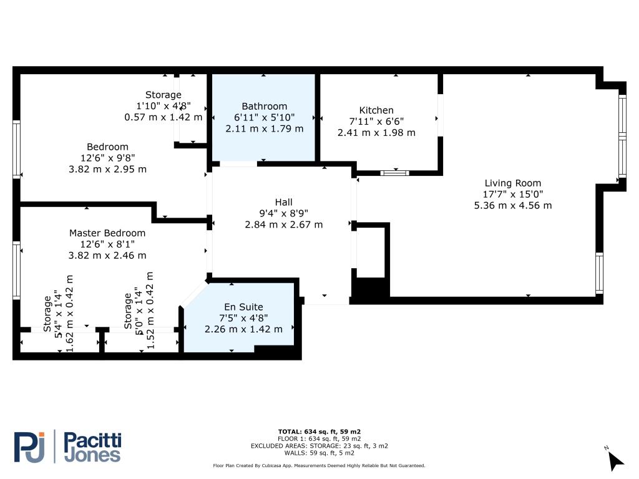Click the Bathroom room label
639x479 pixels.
pyautogui.click(x=264, y=106)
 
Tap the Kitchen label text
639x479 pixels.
pyautogui.click(x=376, y=110)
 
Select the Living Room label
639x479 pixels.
pyautogui.click(x=513, y=183)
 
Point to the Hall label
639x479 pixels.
pyautogui.click(x=284, y=202)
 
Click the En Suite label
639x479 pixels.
pyautogui.click(x=243, y=307)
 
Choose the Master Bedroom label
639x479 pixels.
pyautogui.click(x=107, y=233)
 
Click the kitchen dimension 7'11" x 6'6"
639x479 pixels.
pyautogui.click(x=376, y=122)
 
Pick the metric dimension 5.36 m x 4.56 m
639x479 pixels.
pyautogui.click(x=513, y=205)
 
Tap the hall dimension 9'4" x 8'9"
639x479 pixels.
pyautogui.click(x=284, y=213)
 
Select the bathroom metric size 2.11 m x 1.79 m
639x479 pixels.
pyautogui.click(x=264, y=128)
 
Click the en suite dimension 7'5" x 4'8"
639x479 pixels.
pyautogui.click(x=243, y=318)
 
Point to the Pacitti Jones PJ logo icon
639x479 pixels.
pyautogui.click(x=29, y=447)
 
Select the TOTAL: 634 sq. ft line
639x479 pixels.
pyautogui.click(x=319, y=432)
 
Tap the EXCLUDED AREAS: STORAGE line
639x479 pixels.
pyautogui.click(x=319, y=446)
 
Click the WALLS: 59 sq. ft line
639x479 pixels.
pyautogui.click(x=319, y=453)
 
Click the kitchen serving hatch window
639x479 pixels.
pyautogui.click(x=394, y=173)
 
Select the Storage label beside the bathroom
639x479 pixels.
pyautogui.click(x=163, y=95)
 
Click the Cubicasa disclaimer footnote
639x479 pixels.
pyautogui.click(x=319, y=465)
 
